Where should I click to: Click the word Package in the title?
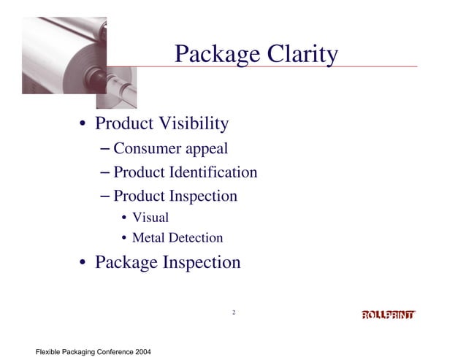tap(213, 55)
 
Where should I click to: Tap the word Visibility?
tap(193, 124)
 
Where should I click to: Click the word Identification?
tap(213, 173)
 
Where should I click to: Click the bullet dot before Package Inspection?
tap(85, 263)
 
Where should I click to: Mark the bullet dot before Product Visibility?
tap(85, 125)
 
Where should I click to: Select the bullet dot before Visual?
tap(125, 218)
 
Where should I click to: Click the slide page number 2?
tap(233, 313)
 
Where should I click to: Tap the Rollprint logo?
tap(389, 315)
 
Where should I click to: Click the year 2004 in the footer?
tap(142, 353)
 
